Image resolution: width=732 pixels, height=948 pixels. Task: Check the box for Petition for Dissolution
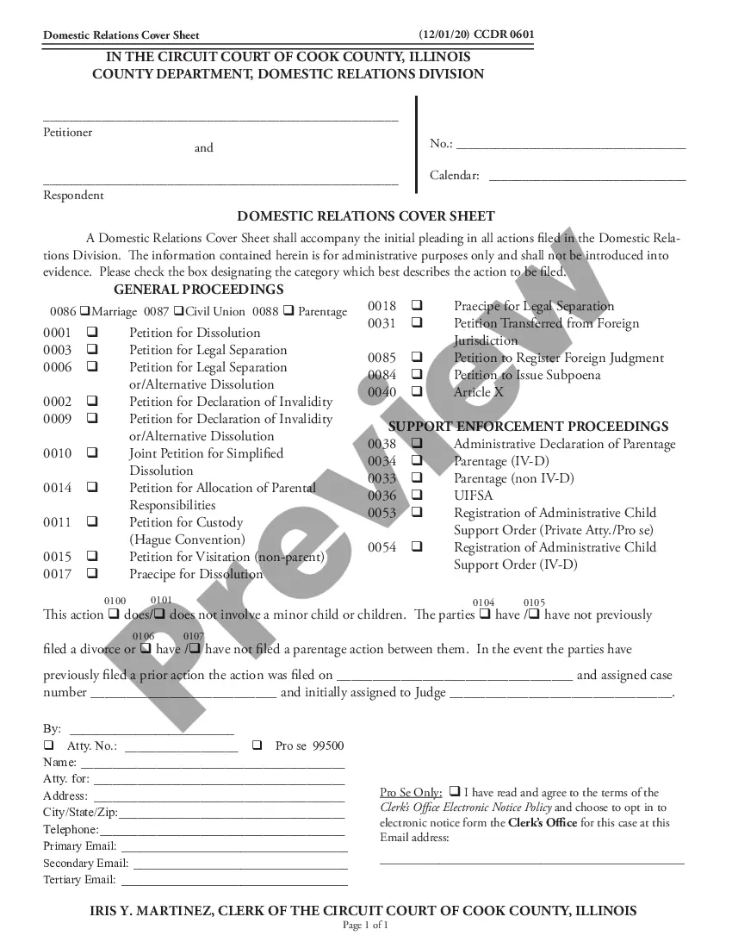(91, 333)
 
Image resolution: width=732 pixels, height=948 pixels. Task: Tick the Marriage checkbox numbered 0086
(84, 311)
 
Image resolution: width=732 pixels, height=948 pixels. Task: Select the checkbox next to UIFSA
(417, 496)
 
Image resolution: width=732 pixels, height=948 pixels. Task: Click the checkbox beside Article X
(417, 392)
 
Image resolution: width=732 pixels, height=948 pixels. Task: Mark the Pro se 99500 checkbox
(257, 745)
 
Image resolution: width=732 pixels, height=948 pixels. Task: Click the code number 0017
(57, 574)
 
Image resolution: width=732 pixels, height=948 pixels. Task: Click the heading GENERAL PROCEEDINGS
(198, 290)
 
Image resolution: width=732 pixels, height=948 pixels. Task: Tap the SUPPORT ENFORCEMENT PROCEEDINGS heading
(529, 427)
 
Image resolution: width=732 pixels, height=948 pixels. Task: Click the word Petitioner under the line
(68, 133)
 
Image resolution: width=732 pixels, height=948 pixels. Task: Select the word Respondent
(73, 196)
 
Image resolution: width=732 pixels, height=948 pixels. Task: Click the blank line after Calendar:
(587, 179)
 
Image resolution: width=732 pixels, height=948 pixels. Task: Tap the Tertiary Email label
(79, 880)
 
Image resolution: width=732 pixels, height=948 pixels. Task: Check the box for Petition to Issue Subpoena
(417, 375)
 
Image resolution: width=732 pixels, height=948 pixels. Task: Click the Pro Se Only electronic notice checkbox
(454, 792)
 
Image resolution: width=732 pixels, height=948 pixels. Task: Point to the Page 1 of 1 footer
(366, 926)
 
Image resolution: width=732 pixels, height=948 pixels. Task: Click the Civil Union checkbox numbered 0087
(177, 311)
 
